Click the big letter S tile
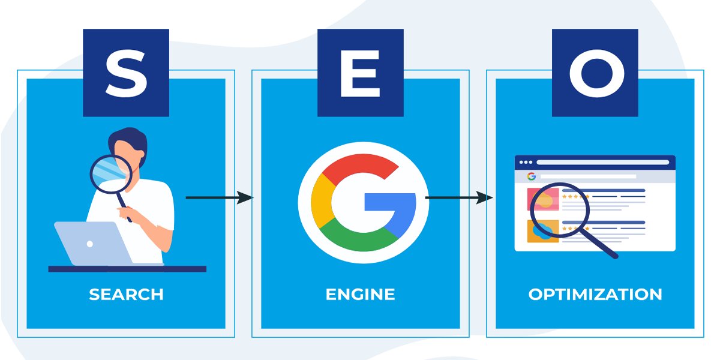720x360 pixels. point(126,73)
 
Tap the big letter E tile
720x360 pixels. point(361,73)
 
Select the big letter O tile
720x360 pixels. point(595,73)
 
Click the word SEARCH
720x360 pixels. point(126,295)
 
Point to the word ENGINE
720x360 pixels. point(361,295)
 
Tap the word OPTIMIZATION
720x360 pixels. point(595,295)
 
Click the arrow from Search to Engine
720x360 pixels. point(219,197)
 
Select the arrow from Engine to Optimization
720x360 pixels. point(459,197)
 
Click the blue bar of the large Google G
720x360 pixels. point(390,202)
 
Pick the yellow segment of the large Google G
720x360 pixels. point(321,201)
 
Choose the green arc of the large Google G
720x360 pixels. point(358,239)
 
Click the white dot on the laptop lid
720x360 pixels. point(90,244)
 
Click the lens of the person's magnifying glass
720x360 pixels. point(111,174)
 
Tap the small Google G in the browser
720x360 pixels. point(532,176)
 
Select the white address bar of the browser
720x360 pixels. point(602,163)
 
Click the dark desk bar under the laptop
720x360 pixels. point(127,269)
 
